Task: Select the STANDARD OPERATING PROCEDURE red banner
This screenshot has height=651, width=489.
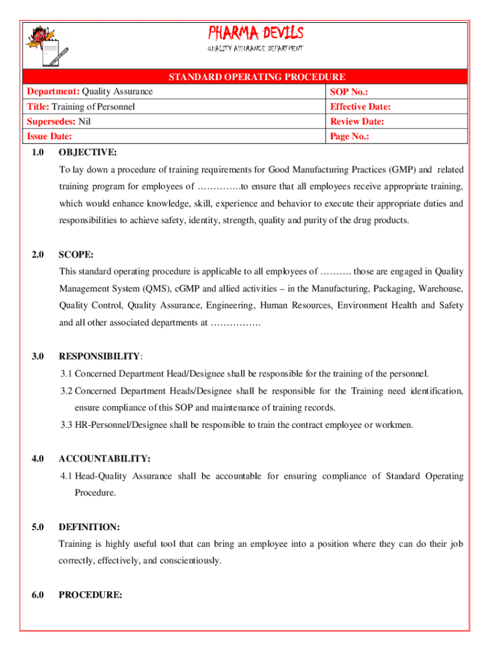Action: click(257, 77)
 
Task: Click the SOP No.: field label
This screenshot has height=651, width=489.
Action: click(349, 92)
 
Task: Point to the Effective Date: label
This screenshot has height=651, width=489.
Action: click(360, 107)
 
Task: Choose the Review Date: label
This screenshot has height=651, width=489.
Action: click(357, 121)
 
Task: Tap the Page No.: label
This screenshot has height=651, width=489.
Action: click(350, 136)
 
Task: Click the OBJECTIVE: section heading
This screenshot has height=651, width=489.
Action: click(88, 153)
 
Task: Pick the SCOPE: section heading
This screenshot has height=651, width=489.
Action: click(76, 254)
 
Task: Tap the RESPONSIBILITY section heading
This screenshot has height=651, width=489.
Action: click(99, 356)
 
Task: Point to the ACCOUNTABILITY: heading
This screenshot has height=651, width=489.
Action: click(104, 458)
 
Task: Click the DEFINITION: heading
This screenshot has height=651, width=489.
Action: click(90, 527)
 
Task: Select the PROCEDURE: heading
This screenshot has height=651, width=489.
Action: click(90, 595)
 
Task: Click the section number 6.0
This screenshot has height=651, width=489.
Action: click(37, 595)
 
